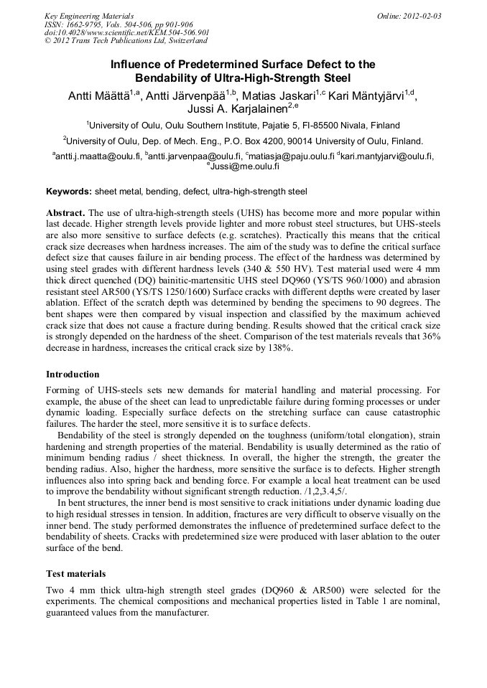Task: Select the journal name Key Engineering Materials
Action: coord(89,15)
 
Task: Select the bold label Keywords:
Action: coord(69,192)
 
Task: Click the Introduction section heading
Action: coord(73,374)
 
